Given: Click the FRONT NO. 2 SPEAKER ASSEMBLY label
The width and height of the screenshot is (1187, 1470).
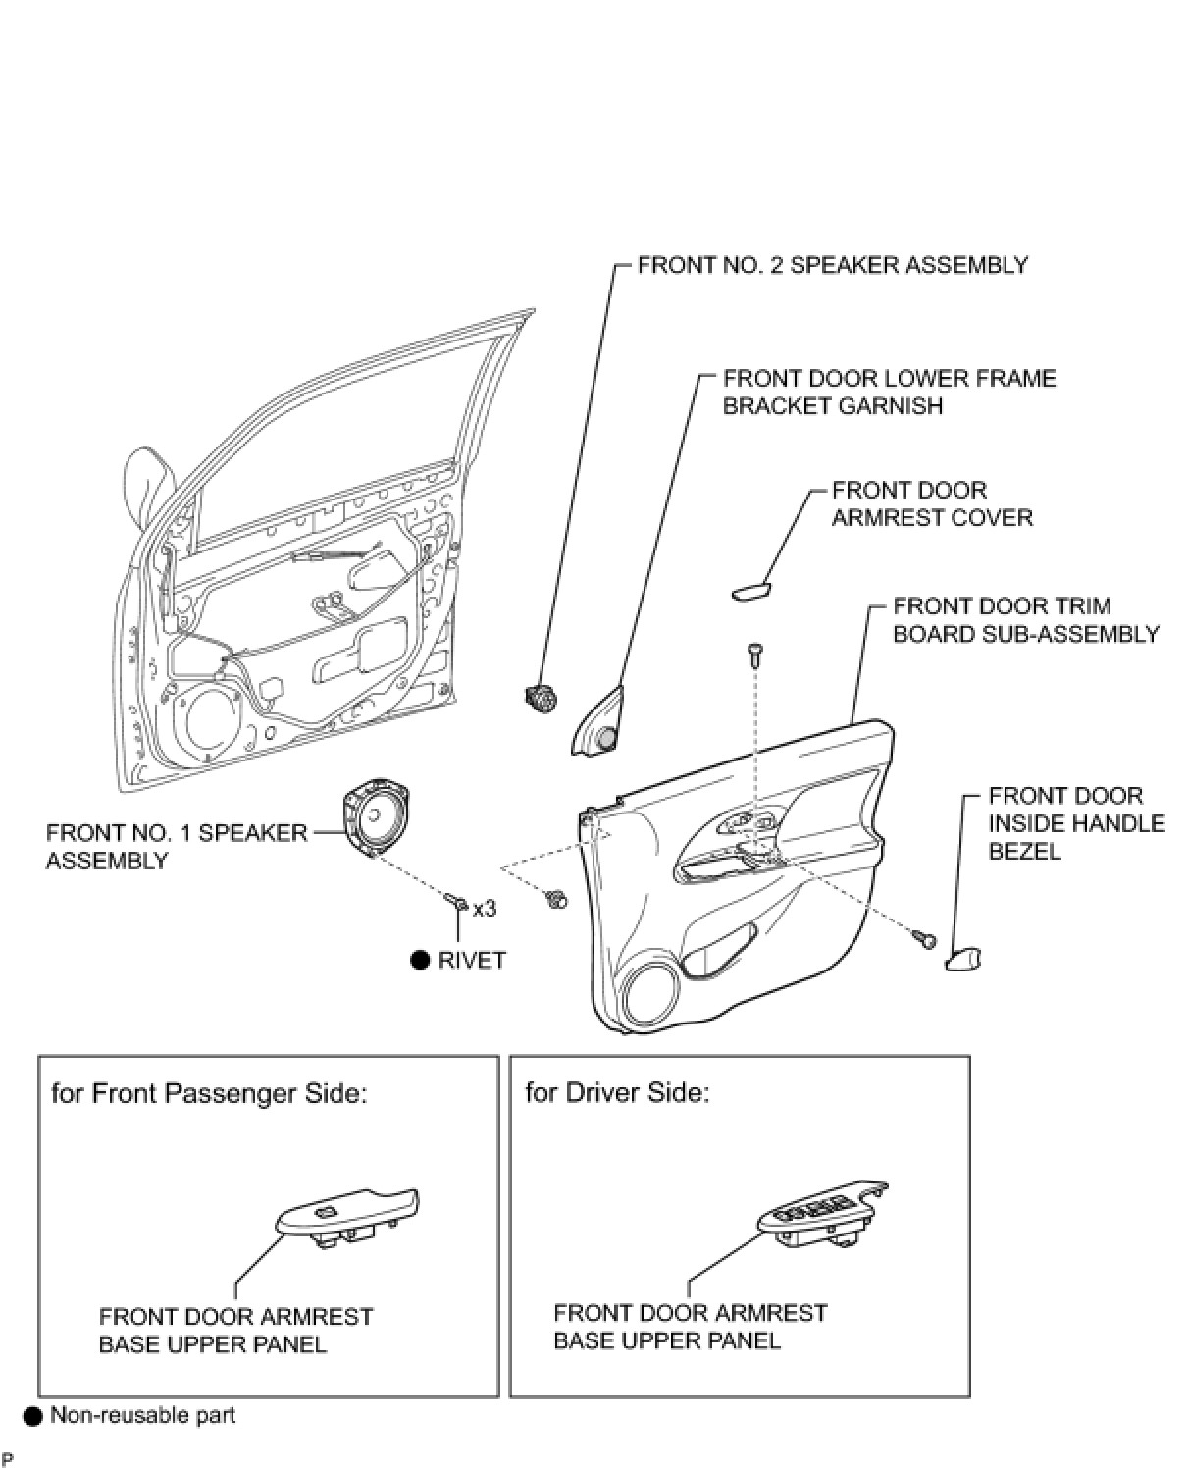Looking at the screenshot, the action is pyautogui.click(x=832, y=265).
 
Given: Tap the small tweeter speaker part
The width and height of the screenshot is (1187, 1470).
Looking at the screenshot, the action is pyautogui.click(x=541, y=698).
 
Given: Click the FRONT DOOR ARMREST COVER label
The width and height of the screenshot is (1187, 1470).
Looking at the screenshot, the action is pyautogui.click(x=932, y=504).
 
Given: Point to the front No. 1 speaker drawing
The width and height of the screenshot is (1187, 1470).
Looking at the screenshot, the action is pyautogui.click(x=377, y=817).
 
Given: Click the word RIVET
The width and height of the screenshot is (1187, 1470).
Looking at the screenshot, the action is pyautogui.click(x=472, y=961).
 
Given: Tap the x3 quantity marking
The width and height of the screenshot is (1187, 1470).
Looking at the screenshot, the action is pyautogui.click(x=485, y=909).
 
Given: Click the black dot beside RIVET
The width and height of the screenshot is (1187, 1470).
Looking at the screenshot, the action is pyautogui.click(x=420, y=960).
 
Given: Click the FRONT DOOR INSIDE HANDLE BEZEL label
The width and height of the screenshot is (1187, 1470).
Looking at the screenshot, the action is pyautogui.click(x=1077, y=823).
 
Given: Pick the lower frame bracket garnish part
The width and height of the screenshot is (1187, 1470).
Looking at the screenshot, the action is pyautogui.click(x=597, y=721).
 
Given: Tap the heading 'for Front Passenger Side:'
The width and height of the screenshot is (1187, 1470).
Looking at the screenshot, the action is pyautogui.click(x=209, y=1094).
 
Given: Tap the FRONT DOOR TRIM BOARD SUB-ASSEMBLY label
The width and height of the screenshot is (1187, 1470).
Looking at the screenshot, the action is pyautogui.click(x=1026, y=620).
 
